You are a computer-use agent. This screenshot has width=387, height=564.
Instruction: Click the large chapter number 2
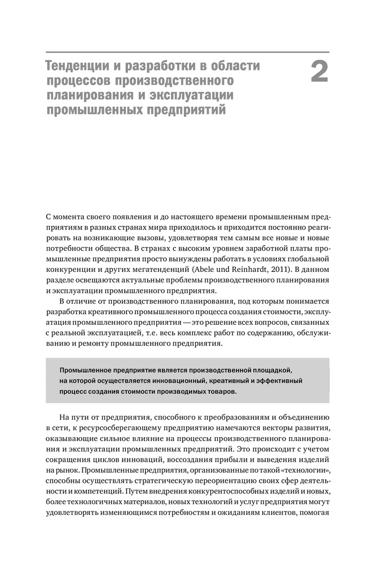(319, 73)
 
